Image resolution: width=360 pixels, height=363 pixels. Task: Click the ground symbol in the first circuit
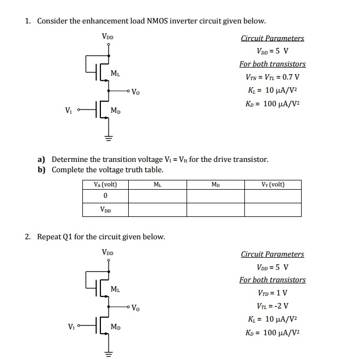[107, 138]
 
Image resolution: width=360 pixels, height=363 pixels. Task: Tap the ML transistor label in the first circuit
[116, 73]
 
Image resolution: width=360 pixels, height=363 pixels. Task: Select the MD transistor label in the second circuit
[116, 327]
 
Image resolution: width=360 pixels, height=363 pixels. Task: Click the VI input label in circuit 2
[71, 327]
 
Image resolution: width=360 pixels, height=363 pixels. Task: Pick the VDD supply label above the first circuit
[107, 37]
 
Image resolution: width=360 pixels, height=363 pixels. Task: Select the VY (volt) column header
[273, 184]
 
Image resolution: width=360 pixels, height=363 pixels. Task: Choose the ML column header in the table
[157, 184]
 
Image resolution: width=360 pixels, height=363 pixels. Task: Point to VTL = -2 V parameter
[273, 305]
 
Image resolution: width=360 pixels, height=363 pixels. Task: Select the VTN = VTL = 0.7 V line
[273, 77]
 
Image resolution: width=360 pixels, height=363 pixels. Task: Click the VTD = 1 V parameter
[273, 293]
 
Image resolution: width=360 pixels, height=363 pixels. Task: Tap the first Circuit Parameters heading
[273, 38]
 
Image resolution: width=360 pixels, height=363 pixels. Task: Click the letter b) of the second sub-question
[41, 170]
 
